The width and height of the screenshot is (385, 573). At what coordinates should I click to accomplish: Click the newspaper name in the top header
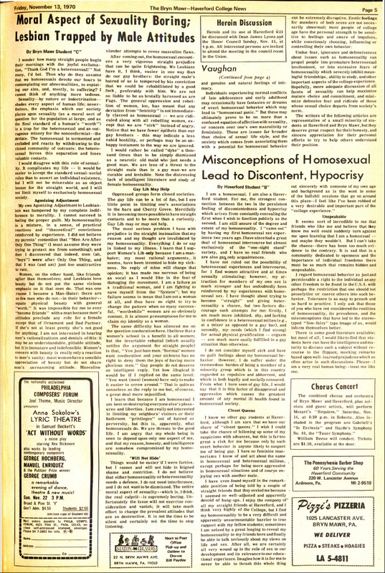pyautogui.click(x=192, y=8)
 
